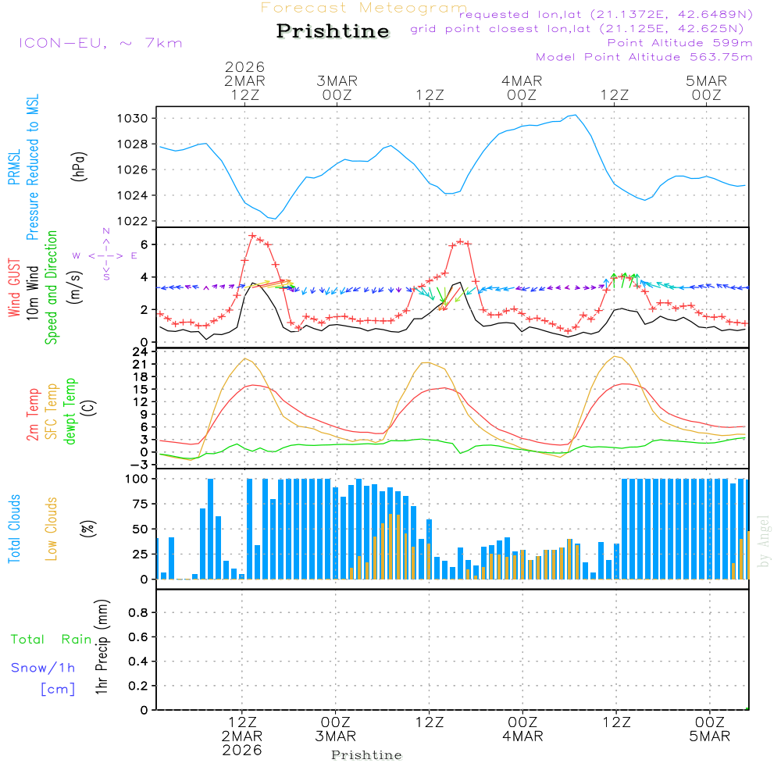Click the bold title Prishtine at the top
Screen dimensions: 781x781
coord(333,31)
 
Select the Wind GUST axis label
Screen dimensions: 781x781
coord(14,289)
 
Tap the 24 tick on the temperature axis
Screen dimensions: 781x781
coord(141,351)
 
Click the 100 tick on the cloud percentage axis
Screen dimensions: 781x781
coord(137,479)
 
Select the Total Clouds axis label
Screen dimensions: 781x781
coord(14,529)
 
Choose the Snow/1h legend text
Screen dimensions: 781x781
coord(43,669)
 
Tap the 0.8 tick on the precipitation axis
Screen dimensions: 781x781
coord(137,613)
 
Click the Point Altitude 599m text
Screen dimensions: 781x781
coord(679,43)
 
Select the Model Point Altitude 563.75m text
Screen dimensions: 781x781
coord(644,57)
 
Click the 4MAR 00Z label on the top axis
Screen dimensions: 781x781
coord(522,87)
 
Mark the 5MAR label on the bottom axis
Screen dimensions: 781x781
coord(709,736)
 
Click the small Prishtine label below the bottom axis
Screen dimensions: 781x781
coord(366,755)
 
